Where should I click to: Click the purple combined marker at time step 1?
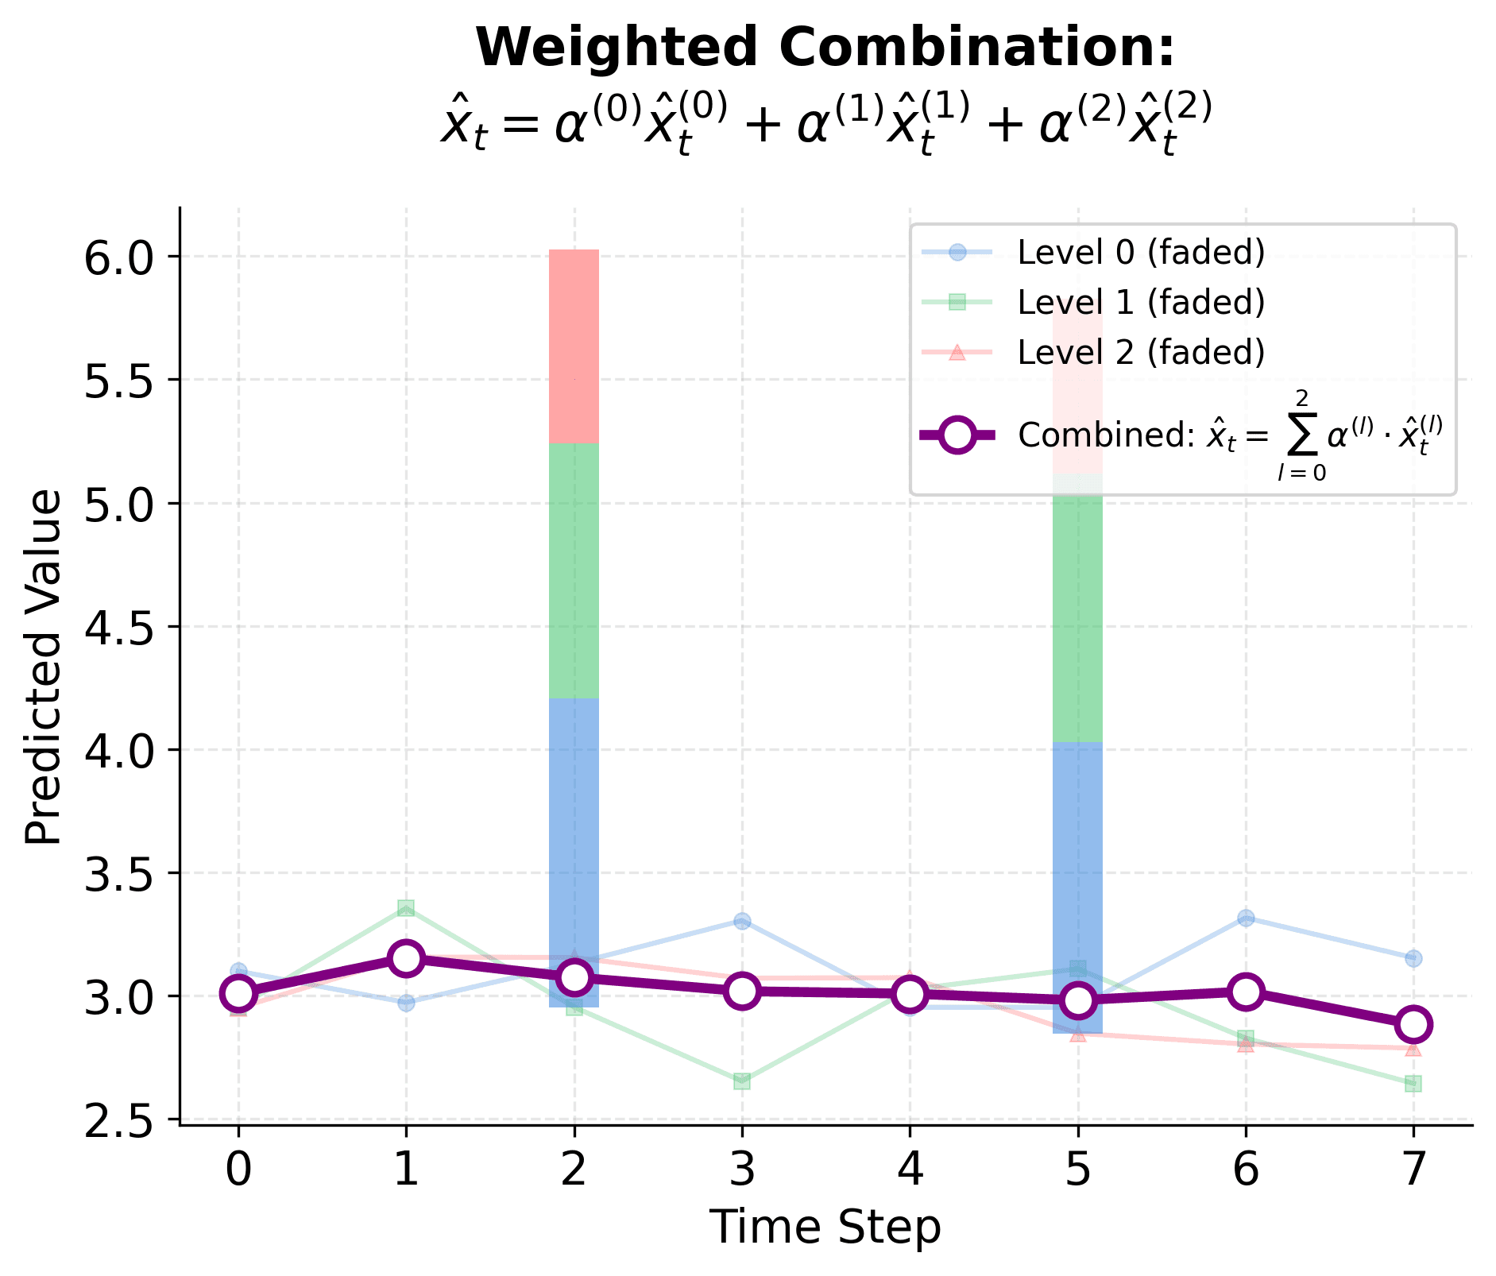[x=406, y=958]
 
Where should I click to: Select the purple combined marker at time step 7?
[x=1413, y=1024]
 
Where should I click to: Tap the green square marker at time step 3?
[x=741, y=1081]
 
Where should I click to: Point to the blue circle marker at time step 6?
[x=1245, y=918]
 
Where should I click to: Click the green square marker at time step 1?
[x=406, y=908]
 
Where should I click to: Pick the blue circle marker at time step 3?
[x=741, y=922]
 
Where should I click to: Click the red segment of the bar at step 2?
[x=574, y=346]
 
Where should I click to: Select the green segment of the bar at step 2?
[x=574, y=570]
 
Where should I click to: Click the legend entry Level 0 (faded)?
[x=1140, y=253]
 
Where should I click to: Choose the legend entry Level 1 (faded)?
[x=1140, y=302]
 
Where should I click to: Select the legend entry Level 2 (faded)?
[x=1140, y=351]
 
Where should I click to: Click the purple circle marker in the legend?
[x=957, y=435]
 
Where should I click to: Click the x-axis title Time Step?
[x=825, y=1227]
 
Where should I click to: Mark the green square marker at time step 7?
[x=1413, y=1084]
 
